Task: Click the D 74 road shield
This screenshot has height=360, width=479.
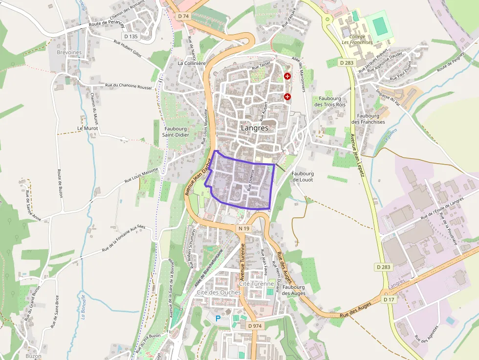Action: tap(183, 16)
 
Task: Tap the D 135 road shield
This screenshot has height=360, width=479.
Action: tap(130, 36)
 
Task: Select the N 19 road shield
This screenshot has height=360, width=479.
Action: tap(244, 229)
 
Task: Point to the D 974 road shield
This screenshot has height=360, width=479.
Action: tap(255, 326)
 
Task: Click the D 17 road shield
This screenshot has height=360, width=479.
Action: tap(389, 299)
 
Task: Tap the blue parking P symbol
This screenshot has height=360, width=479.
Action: tap(218, 318)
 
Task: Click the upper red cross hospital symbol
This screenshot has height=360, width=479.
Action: tap(287, 77)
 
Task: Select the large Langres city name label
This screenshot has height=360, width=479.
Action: tap(255, 128)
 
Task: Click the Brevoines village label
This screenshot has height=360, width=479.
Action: tap(69, 53)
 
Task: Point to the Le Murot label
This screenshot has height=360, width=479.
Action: tap(87, 128)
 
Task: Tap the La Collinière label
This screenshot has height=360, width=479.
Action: tap(192, 63)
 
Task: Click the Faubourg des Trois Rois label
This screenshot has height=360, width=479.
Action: tap(330, 101)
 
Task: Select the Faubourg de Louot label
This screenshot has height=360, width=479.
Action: tap(303, 176)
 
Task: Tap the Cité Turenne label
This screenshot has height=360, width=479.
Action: tap(257, 284)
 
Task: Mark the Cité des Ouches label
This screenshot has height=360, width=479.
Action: tap(218, 292)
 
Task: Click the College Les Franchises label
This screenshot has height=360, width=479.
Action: tap(357, 40)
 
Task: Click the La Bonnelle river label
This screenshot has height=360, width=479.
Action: tap(84, 306)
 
